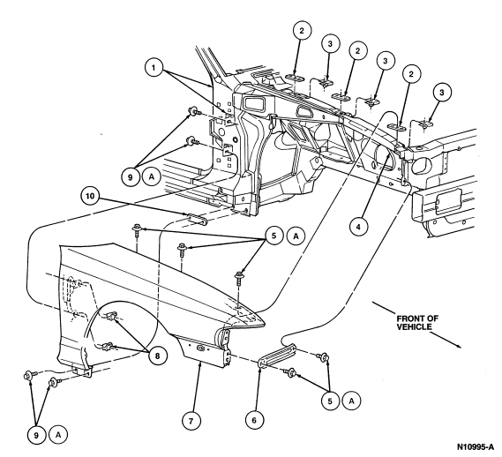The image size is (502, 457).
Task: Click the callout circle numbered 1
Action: [154, 68]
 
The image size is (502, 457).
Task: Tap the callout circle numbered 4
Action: [358, 227]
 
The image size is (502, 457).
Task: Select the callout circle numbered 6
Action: [255, 420]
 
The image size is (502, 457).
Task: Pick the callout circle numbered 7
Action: [191, 420]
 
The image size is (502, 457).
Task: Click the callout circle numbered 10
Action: [91, 196]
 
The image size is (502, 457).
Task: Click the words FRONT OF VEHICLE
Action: [417, 323]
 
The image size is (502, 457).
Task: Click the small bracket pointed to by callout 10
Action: [196, 220]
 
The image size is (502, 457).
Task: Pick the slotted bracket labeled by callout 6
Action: [277, 354]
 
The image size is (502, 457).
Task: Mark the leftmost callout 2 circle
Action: [302, 30]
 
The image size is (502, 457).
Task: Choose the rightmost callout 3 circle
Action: [442, 93]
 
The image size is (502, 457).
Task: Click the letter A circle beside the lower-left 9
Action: [58, 435]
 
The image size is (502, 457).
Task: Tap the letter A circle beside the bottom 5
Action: [351, 401]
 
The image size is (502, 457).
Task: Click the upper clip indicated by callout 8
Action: [111, 316]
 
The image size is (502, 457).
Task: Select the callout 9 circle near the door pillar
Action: [130, 176]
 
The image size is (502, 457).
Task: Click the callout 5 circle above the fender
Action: [273, 236]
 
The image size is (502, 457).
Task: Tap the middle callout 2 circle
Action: [357, 50]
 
